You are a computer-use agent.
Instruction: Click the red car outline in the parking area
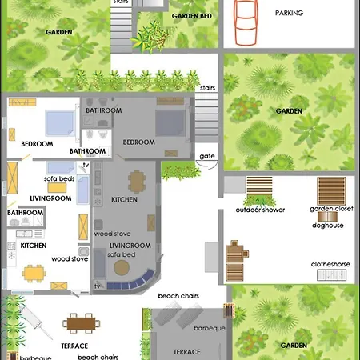(246, 22)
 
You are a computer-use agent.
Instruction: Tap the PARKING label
(289, 13)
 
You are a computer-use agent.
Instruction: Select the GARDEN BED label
(192, 16)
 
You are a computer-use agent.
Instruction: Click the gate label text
(207, 156)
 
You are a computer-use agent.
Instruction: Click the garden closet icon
(331, 191)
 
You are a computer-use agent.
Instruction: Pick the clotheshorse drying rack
(331, 275)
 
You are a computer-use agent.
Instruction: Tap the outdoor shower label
(260, 210)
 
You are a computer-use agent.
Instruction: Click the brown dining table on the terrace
(82, 324)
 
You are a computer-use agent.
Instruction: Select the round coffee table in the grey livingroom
(122, 267)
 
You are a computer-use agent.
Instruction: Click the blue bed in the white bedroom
(60, 123)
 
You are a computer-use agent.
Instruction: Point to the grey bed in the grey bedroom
(170, 123)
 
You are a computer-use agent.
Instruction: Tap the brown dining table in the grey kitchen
(137, 182)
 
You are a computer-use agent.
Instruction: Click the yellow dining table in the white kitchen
(34, 274)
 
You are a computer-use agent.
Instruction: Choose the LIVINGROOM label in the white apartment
(50, 198)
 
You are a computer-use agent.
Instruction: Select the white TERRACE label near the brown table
(74, 346)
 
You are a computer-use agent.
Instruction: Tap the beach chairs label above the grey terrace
(178, 296)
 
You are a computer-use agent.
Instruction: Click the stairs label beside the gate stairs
(207, 88)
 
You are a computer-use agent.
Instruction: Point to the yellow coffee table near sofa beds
(57, 188)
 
